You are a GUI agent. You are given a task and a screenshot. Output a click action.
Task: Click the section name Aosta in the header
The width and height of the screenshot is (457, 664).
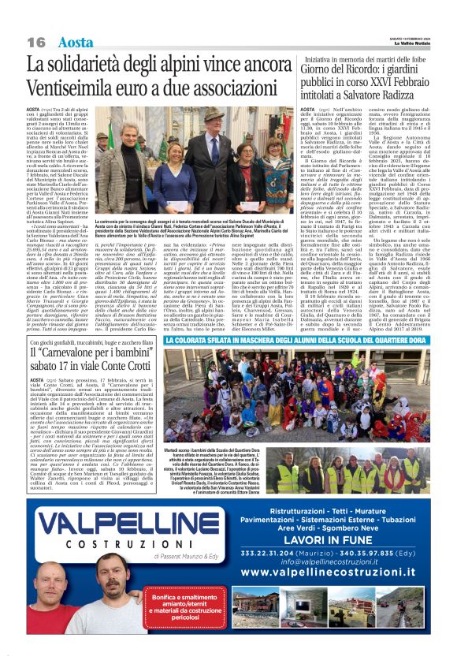tap(76, 42)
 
